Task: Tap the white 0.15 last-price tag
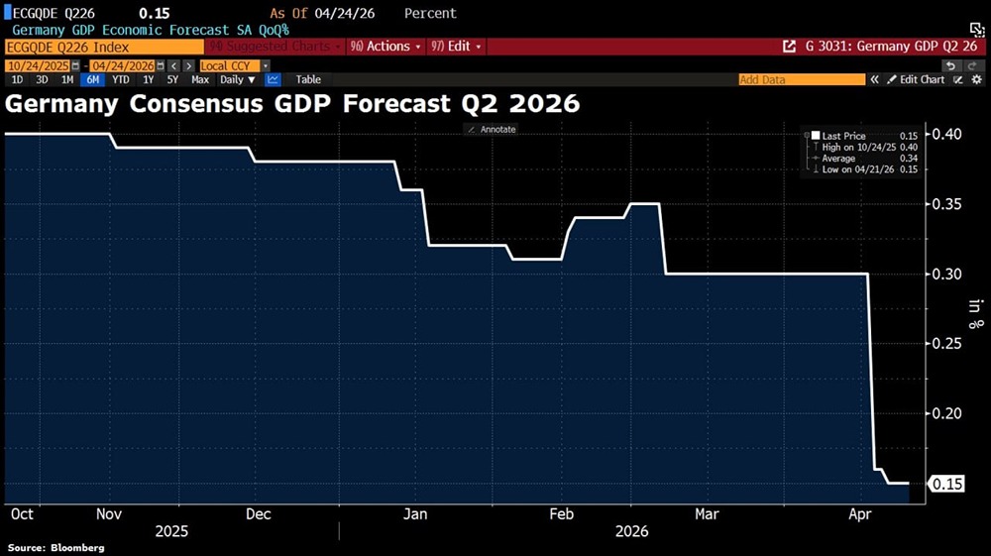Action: point(946,484)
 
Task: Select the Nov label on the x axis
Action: point(110,514)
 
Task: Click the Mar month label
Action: point(707,514)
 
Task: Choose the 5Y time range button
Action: point(172,79)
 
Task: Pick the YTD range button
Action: point(121,79)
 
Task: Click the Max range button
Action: point(200,79)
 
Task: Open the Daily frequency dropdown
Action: point(237,79)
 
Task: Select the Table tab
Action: point(308,79)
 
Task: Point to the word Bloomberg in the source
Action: point(78,547)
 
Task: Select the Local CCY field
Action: point(227,64)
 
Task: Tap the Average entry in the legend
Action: point(841,159)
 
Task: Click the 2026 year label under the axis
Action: point(630,532)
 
